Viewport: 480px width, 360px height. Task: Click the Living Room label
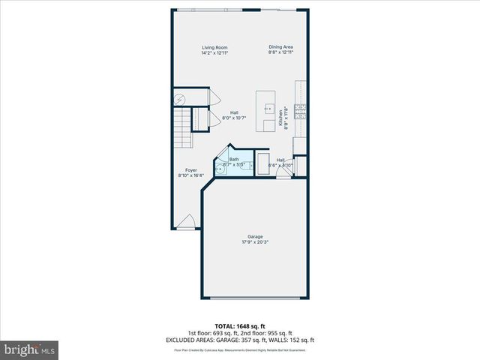[214, 48]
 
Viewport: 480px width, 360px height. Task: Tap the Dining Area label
[281, 48]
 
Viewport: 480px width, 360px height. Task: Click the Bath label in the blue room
[234, 159]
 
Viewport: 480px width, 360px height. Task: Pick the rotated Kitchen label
[282, 118]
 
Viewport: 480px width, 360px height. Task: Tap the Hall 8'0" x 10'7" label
[234, 112]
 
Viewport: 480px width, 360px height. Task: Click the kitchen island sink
[268, 109]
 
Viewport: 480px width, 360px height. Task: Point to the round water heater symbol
[181, 98]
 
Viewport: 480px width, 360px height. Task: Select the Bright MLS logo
[30, 349]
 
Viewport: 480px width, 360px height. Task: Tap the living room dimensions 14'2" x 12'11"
[214, 53]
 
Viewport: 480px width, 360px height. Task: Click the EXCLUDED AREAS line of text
[240, 340]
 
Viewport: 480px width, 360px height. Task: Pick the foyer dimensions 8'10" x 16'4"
[191, 175]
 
